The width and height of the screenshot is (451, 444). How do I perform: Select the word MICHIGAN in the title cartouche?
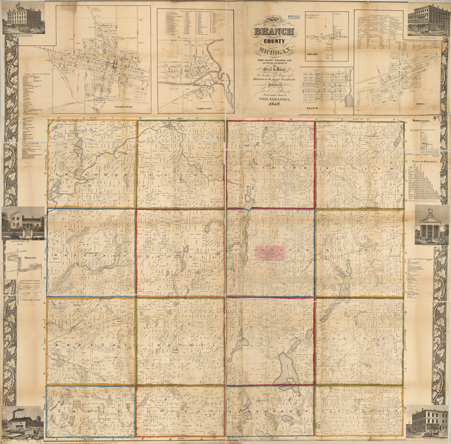[x=274, y=51]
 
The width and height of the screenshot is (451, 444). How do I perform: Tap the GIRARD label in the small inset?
[x=312, y=54]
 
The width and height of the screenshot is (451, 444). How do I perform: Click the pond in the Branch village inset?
[x=349, y=99]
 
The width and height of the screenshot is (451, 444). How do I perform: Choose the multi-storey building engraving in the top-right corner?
[x=428, y=19]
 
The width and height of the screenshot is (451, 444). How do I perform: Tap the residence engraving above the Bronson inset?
[x=23, y=222]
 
